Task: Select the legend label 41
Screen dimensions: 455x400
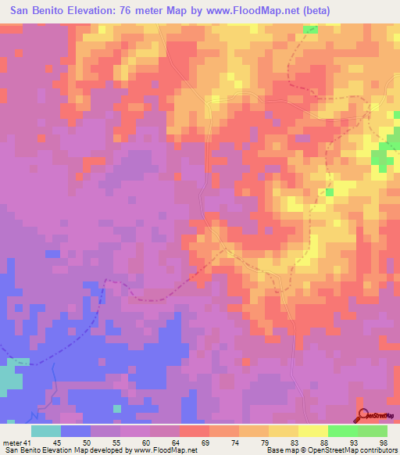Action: [x=27, y=442]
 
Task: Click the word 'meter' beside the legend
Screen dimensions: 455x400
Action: [x=12, y=442]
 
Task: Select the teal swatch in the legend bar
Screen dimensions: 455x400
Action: [x=46, y=431]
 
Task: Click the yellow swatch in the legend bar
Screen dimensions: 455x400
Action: [x=312, y=431]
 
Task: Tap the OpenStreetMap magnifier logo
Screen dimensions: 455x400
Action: [x=363, y=416]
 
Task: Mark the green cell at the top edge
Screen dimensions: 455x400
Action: [x=311, y=30]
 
